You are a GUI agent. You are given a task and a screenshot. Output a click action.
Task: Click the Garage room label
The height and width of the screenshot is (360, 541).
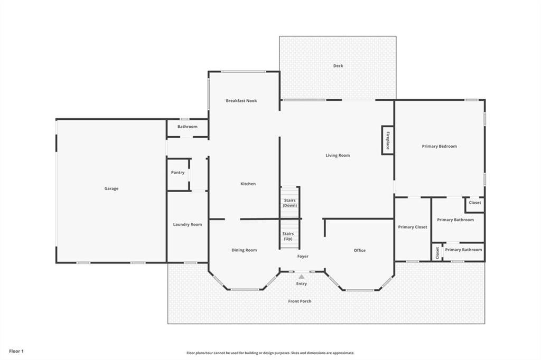[111, 188]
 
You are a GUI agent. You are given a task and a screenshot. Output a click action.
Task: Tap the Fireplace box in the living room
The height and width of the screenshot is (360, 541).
[387, 140]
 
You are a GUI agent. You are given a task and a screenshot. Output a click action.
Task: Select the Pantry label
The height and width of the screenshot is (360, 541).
[178, 173]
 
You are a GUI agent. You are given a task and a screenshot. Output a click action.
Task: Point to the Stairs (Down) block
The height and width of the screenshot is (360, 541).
[289, 202]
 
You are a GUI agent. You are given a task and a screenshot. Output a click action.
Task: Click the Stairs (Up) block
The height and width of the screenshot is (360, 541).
[288, 236]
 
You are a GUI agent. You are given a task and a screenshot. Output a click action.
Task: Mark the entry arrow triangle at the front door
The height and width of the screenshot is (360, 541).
[301, 276]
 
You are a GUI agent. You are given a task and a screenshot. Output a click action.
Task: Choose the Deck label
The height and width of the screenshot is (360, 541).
[338, 66]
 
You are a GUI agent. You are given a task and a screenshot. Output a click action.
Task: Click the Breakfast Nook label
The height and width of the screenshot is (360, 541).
[241, 101]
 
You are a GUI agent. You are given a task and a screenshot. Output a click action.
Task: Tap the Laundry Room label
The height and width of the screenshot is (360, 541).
[188, 224]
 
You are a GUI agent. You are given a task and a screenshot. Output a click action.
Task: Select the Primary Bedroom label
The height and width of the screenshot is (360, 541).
[439, 146]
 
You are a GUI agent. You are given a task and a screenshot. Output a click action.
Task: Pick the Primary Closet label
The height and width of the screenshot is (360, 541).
[413, 227]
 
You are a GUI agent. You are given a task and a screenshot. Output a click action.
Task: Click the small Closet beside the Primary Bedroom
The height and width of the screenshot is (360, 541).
[474, 203]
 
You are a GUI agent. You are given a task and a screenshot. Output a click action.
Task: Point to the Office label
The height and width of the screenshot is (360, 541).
[359, 250]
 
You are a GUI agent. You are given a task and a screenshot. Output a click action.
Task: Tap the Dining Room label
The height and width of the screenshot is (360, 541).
[244, 250]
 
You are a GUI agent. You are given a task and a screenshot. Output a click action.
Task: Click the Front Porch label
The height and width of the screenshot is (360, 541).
[300, 301]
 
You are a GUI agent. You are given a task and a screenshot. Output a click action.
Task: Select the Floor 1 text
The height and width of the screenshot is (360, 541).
[16, 350]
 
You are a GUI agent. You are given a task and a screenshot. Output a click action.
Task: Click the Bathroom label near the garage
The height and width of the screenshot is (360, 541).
[187, 127]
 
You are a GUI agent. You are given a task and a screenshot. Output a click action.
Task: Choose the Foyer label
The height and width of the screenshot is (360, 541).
[302, 257]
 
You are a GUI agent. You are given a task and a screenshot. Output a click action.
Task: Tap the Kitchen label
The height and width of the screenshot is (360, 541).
[248, 184]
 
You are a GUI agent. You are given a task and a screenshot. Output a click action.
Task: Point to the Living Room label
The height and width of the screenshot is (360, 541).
[337, 155]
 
